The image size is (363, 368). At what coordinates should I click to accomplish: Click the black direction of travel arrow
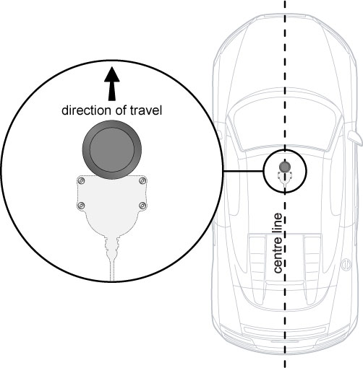(x=112, y=84)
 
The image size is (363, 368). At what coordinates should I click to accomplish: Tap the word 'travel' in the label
(x=146, y=110)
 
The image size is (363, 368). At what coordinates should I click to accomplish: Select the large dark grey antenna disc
(x=112, y=149)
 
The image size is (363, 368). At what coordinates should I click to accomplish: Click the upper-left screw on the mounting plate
(x=82, y=180)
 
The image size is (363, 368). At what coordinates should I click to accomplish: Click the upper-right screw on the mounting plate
(x=142, y=180)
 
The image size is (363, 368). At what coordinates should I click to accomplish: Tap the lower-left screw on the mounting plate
(x=82, y=206)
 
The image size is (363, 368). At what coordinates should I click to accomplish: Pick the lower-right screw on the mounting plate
(x=142, y=206)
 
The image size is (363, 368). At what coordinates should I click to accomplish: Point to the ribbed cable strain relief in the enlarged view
(x=112, y=247)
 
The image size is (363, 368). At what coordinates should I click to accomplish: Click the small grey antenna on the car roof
(x=285, y=167)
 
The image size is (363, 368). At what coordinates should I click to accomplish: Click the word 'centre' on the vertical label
(x=278, y=255)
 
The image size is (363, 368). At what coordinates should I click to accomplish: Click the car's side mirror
(x=355, y=138)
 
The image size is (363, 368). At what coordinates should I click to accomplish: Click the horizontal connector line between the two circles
(x=243, y=171)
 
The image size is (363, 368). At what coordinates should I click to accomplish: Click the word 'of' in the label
(x=121, y=110)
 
